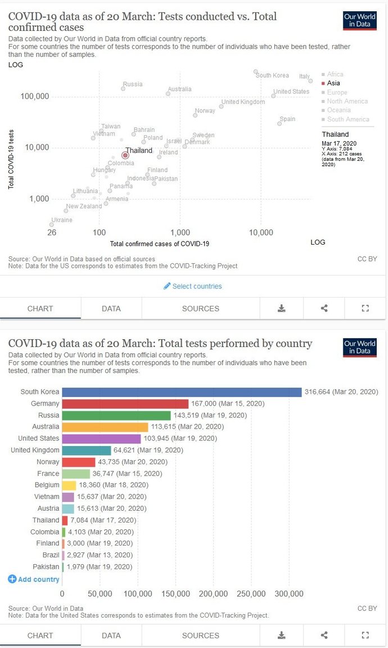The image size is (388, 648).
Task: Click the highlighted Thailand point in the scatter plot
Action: pyautogui.click(x=125, y=155)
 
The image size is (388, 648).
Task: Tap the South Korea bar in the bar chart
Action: pyautogui.click(x=182, y=392)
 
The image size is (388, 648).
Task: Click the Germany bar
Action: pyautogui.click(x=125, y=404)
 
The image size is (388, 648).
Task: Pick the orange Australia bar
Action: pyautogui.click(x=105, y=427)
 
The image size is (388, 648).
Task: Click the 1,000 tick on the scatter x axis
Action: pyautogui.click(x=180, y=232)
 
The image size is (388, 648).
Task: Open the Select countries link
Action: pyautogui.click(x=193, y=286)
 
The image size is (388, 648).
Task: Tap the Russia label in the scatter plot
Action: pyautogui.click(x=133, y=84)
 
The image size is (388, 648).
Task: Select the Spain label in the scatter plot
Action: pyautogui.click(x=287, y=119)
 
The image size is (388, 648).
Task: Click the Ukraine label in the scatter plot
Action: pyautogui.click(x=62, y=220)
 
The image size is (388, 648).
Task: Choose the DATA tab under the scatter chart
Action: pyautogui.click(x=111, y=308)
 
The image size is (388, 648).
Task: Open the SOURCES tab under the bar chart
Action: pyautogui.click(x=201, y=636)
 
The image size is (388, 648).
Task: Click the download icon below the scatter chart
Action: pyautogui.click(x=282, y=308)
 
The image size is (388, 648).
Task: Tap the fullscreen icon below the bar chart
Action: pyautogui.click(x=365, y=636)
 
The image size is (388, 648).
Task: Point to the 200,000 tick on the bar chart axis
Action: pyautogui.click(x=213, y=594)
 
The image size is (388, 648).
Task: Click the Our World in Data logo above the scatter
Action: pyautogui.click(x=359, y=20)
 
